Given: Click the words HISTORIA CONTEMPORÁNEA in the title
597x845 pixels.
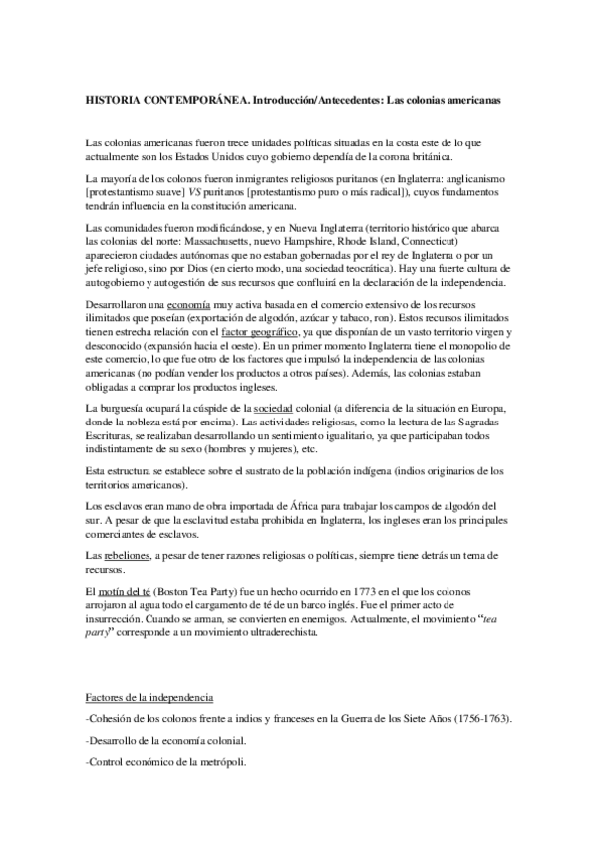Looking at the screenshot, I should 152,101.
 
